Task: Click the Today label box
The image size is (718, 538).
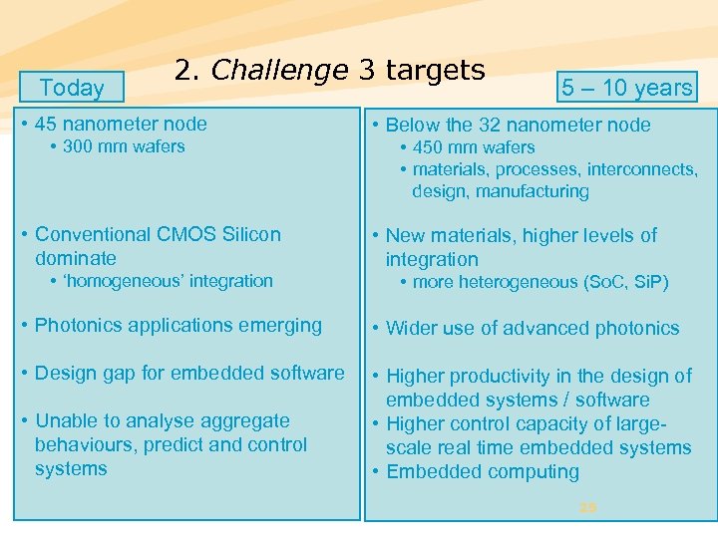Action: tap(72, 88)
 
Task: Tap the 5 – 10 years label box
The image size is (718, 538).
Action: tap(626, 88)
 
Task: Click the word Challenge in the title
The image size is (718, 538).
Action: tap(279, 70)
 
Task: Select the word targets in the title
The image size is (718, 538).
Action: tap(435, 71)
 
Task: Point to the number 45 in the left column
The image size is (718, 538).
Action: tap(46, 124)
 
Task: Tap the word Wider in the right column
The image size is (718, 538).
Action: tap(414, 328)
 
